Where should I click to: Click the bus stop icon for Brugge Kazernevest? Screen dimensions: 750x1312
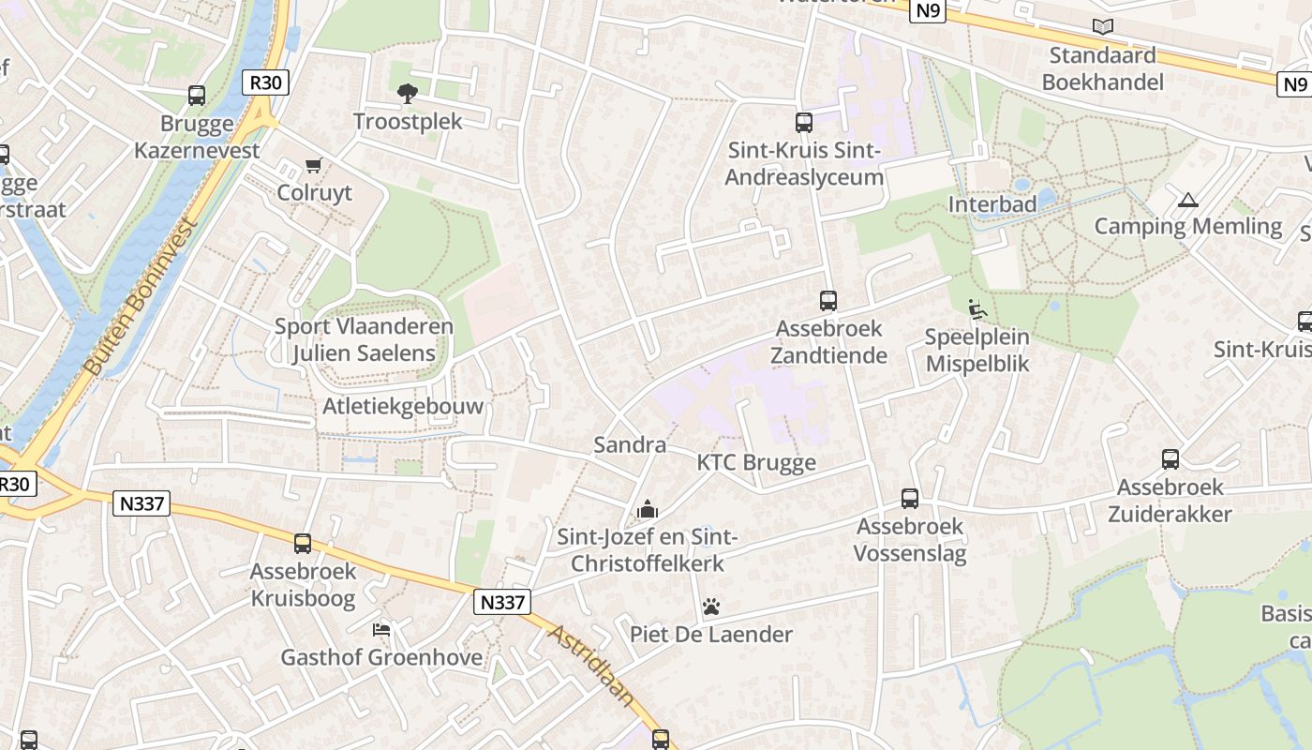(x=197, y=95)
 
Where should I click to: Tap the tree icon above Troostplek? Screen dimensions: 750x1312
(x=408, y=93)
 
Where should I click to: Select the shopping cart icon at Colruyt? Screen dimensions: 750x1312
(x=314, y=165)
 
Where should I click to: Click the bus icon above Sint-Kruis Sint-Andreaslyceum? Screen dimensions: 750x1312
(x=804, y=123)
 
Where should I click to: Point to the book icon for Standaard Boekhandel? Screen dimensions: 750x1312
(x=1103, y=27)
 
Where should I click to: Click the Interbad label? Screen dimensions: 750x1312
(x=992, y=204)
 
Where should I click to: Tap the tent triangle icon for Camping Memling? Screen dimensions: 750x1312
(x=1188, y=199)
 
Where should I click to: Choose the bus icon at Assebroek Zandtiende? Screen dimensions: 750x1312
(x=828, y=301)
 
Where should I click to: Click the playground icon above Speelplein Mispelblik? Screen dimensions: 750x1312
(x=977, y=308)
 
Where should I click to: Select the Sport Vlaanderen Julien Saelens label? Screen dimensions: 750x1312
(x=364, y=340)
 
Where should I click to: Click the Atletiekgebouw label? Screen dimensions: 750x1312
(x=403, y=406)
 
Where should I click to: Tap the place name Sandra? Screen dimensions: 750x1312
(x=630, y=445)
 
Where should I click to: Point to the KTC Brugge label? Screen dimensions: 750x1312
(x=756, y=463)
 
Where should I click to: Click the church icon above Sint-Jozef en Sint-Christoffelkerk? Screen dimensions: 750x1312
(x=647, y=510)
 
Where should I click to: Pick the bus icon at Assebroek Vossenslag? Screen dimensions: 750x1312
(x=910, y=499)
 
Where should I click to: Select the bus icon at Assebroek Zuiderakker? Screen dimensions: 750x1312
(x=1170, y=459)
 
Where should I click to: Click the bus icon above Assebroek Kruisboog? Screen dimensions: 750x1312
(x=303, y=544)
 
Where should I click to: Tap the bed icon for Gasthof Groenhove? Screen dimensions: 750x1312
(x=381, y=629)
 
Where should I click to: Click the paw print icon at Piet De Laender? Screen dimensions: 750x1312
(x=711, y=607)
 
